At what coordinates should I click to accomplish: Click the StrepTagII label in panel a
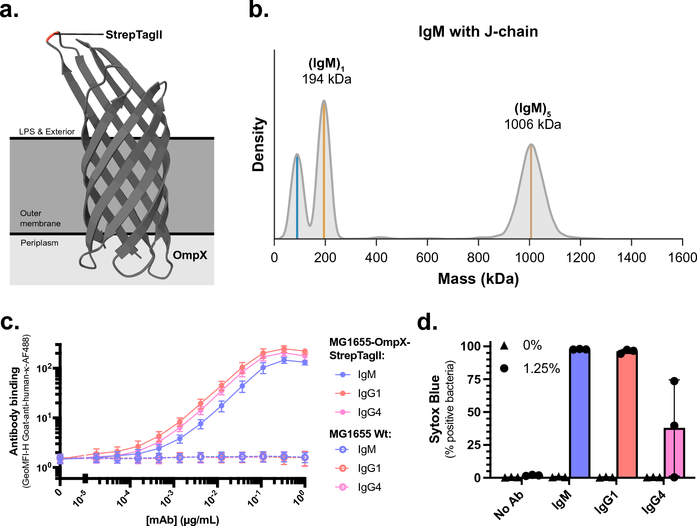(134, 35)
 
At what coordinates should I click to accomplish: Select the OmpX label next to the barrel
(190, 255)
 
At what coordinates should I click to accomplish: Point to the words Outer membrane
(40, 218)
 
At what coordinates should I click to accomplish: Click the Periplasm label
(39, 243)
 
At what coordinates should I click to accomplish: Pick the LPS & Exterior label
(47, 132)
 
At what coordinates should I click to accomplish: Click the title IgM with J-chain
(478, 32)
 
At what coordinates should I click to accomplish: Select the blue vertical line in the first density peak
(297, 197)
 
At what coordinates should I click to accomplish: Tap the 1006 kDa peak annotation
(532, 124)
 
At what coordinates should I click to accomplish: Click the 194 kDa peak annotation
(326, 79)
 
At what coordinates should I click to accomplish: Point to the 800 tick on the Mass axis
(478, 258)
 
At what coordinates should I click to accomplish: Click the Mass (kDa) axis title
(478, 279)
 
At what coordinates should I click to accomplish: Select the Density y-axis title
(258, 144)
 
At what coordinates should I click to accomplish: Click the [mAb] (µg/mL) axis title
(183, 520)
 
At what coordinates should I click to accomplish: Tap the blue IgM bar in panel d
(580, 414)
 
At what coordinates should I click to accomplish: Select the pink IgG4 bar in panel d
(674, 453)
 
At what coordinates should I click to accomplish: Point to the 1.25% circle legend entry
(530, 368)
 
